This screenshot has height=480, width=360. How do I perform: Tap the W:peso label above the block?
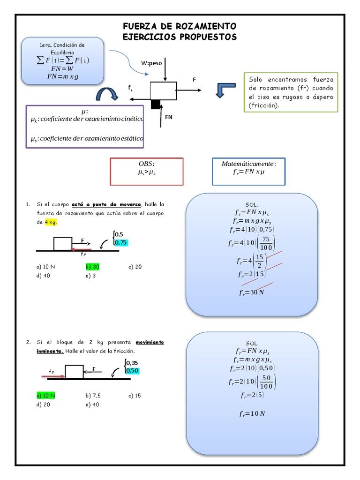click(x=151, y=63)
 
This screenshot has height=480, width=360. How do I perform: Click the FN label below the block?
click(x=169, y=117)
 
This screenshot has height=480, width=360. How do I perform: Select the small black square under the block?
click(x=156, y=105)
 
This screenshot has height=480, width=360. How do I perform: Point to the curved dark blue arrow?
click(x=107, y=94)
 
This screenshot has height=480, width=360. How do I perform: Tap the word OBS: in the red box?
click(x=146, y=164)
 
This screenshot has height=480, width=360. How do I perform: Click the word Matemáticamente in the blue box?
click(x=247, y=164)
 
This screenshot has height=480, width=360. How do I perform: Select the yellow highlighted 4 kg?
click(x=51, y=222)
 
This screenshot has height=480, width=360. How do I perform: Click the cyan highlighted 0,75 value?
click(x=120, y=242)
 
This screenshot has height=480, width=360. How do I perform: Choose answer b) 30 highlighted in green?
click(x=92, y=267)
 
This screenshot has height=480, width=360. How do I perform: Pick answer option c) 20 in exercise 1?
click(x=135, y=267)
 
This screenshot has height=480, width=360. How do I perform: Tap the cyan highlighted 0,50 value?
click(x=132, y=370)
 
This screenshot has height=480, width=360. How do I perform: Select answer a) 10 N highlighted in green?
click(x=46, y=396)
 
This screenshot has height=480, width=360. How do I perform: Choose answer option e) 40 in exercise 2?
click(x=92, y=405)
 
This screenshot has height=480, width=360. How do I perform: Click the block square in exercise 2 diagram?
click(x=74, y=372)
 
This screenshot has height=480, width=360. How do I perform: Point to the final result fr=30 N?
click(x=252, y=292)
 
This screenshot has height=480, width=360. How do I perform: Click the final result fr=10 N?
click(x=252, y=413)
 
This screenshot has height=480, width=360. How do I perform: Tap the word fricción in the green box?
click(x=263, y=105)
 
